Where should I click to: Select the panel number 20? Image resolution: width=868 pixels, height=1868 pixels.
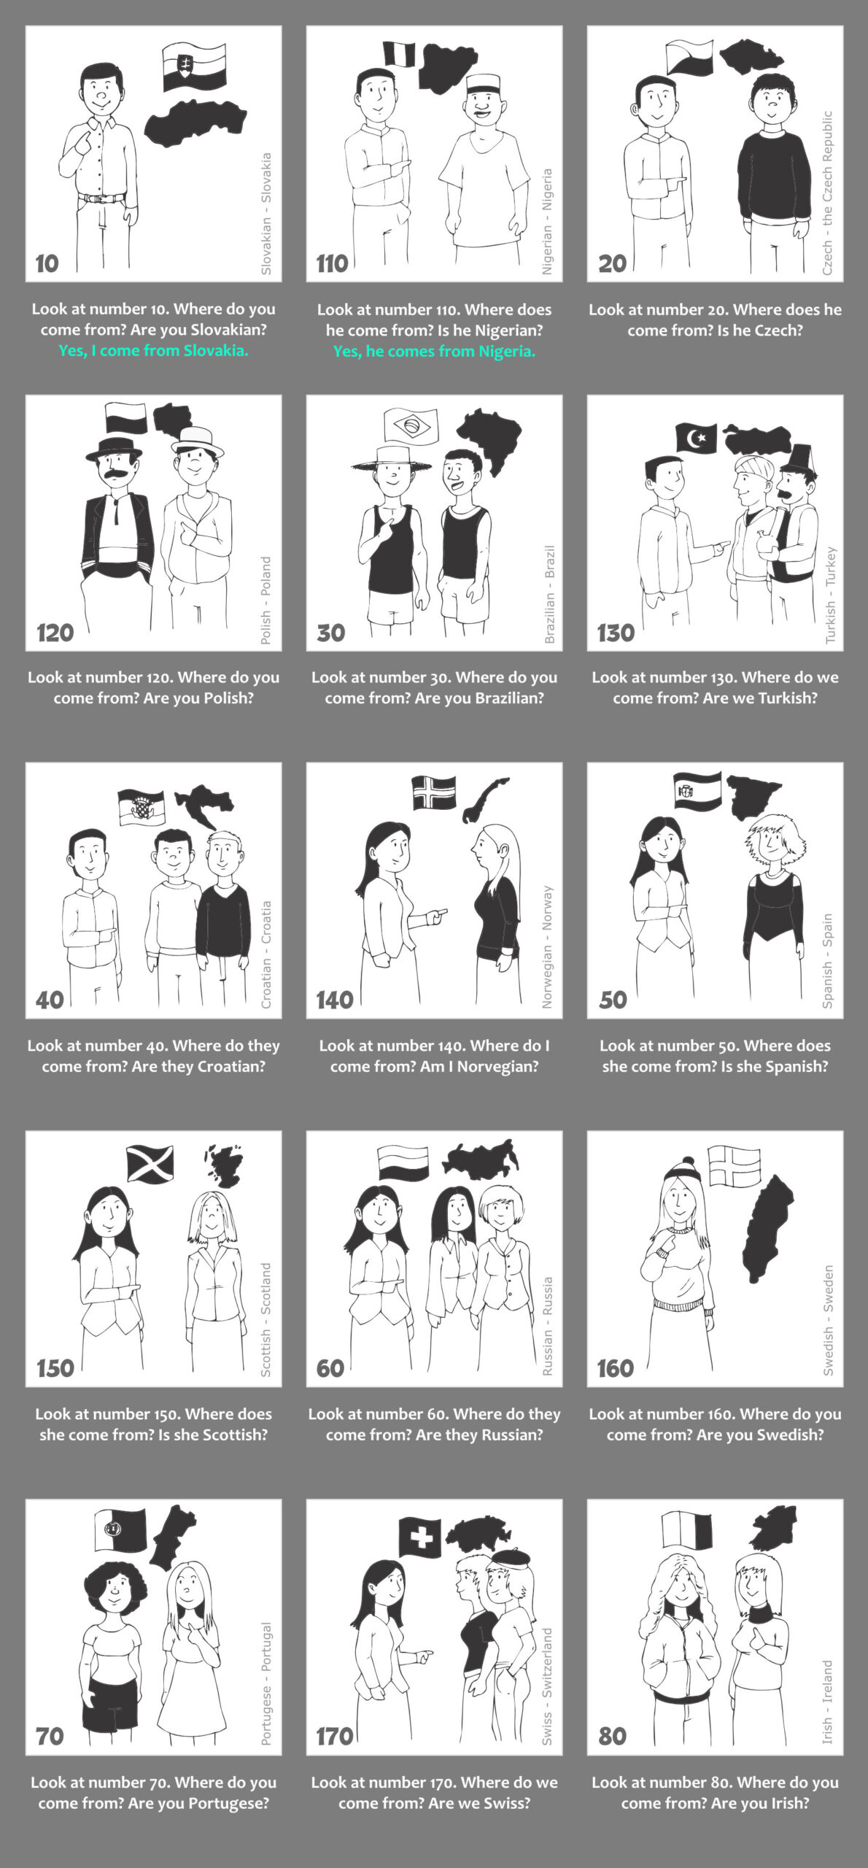[x=612, y=263]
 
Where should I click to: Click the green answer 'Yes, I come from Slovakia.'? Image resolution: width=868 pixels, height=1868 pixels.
[x=153, y=350]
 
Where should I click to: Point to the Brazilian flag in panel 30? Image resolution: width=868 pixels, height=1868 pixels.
[x=411, y=425]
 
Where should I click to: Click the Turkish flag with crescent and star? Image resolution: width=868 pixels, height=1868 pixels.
[x=697, y=438]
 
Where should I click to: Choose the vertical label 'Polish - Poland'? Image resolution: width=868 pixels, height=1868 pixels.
[x=266, y=601]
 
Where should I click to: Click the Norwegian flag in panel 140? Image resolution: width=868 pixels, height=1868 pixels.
[x=434, y=792]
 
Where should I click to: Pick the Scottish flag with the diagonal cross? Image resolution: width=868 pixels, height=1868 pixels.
[x=150, y=1163]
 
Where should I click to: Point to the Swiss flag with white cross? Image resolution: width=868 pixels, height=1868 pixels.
[x=420, y=1537]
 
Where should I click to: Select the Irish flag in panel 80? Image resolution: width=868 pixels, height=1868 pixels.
[x=686, y=1529]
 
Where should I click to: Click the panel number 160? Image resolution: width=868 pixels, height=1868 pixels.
[x=616, y=1368]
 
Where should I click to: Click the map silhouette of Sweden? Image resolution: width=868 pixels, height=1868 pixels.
[x=766, y=1229]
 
